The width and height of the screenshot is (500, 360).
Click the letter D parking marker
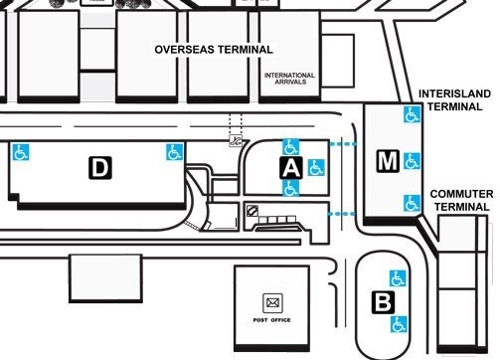click(99, 168)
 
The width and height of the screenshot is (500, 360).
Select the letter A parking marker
click(290, 167)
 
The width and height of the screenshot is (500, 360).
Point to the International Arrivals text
click(289, 79)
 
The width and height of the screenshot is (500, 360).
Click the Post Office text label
click(270, 320)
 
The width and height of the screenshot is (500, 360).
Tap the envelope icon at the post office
click(270, 301)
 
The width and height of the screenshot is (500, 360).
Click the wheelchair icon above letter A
click(291, 146)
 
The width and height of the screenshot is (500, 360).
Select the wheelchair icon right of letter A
click(316, 166)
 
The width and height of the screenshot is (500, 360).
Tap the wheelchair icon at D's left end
click(20, 153)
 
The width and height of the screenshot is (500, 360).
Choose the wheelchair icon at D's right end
click(174, 152)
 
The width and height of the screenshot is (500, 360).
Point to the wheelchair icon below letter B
click(399, 323)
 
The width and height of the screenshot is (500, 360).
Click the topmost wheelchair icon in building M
click(411, 115)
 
